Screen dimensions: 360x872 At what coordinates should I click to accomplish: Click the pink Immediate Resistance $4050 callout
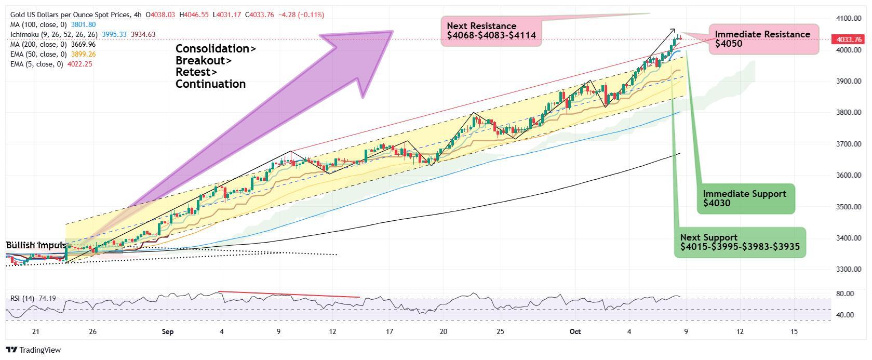tap(763, 39)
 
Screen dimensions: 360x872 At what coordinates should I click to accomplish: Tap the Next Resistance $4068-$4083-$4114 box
tap(491, 31)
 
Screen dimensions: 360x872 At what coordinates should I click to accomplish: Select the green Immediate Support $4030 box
tap(745, 198)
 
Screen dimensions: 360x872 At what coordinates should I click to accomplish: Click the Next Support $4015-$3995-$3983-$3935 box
tap(740, 242)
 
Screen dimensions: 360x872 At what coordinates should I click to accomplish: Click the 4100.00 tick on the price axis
tap(849, 19)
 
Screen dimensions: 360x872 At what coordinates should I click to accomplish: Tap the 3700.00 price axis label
tap(849, 144)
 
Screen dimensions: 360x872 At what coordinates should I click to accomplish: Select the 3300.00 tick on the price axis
tap(849, 270)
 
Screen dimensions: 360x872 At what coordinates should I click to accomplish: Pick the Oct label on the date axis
tap(574, 331)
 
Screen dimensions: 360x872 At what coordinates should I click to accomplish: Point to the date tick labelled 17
tap(390, 331)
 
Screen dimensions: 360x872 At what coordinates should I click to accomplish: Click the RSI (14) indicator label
tap(22, 299)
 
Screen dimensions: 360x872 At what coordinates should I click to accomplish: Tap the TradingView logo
tap(34, 350)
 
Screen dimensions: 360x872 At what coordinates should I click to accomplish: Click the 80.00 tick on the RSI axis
tap(845, 294)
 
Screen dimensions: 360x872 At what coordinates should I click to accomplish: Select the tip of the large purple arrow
tap(392, 32)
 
